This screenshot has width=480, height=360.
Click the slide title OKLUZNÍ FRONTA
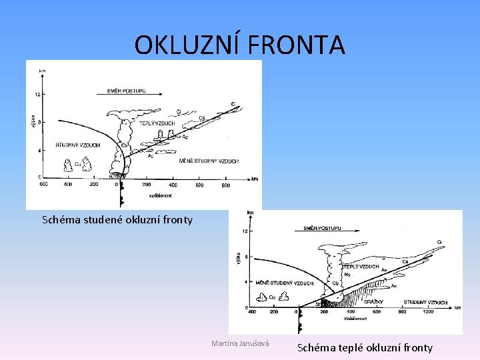point(239,45)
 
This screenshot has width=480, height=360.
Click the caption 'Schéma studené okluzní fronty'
point(117,219)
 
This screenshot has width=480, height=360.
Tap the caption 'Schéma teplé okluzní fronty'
point(365,347)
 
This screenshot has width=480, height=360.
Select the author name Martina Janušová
point(240,343)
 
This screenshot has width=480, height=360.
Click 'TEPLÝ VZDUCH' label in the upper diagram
point(157,123)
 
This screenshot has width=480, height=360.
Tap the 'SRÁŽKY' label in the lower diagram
point(373,302)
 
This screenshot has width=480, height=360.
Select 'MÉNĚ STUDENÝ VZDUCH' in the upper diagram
point(209,161)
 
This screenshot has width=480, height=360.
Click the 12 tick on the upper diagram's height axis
point(38,94)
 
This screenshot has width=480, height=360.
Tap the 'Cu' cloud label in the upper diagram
point(78,163)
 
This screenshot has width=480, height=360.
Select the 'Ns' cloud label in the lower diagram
point(347,274)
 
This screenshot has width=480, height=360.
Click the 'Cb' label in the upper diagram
point(124,145)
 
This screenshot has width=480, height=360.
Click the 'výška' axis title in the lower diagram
point(239,256)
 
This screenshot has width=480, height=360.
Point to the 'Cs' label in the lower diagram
point(405,261)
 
